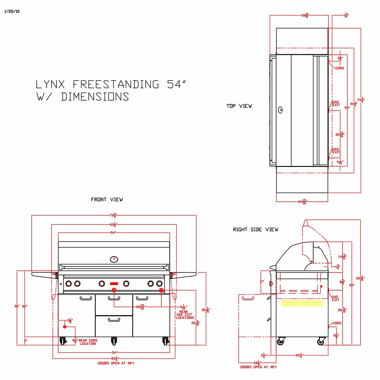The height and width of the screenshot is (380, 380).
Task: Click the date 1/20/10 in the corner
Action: point(12,11)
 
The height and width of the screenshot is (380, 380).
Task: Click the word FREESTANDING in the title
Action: point(116,84)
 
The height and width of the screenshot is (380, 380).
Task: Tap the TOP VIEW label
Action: point(239,106)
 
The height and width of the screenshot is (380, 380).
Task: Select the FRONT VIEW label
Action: point(107,200)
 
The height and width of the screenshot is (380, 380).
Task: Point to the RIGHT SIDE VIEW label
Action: point(256,230)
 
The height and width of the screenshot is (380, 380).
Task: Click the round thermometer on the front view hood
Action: point(114,259)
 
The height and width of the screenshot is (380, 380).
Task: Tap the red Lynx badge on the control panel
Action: point(114,283)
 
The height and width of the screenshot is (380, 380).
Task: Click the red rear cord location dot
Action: point(65,327)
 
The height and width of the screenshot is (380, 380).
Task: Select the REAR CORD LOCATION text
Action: point(88,342)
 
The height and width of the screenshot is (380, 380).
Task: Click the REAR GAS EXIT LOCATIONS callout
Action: point(185,315)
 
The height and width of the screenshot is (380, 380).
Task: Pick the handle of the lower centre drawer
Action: point(114,320)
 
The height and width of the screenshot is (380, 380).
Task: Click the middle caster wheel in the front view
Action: point(114,341)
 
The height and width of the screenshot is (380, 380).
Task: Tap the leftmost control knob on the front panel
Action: point(68,283)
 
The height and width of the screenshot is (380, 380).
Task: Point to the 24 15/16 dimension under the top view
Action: point(302,202)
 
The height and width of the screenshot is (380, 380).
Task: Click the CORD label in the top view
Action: point(339,68)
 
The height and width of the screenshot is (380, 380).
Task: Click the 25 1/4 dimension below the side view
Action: point(299,355)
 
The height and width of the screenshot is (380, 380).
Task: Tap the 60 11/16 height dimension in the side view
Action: point(360,278)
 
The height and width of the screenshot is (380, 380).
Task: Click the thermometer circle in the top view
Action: point(280,110)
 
